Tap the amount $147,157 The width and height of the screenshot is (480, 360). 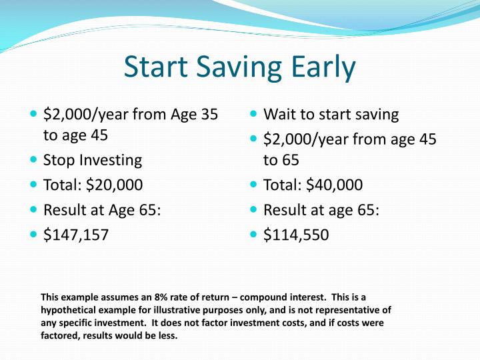point(76,235)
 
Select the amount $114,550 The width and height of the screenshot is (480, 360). point(296,235)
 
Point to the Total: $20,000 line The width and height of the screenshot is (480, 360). point(93,185)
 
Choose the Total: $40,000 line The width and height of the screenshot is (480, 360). point(313,185)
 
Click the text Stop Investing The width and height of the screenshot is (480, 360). point(93,160)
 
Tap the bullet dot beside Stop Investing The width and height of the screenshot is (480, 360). point(34,160)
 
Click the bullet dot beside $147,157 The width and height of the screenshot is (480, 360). point(34,235)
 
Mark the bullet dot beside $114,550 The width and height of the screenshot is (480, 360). point(254,235)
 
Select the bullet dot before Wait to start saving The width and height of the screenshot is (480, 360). point(254,114)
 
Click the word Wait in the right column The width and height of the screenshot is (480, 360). point(279,114)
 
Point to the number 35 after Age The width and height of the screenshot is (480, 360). point(209,114)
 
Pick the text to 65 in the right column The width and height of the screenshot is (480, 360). point(281,160)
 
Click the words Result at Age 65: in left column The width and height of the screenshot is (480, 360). point(102,210)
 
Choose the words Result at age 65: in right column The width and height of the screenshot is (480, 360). point(321,210)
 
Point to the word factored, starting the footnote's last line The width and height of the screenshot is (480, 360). point(61,335)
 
